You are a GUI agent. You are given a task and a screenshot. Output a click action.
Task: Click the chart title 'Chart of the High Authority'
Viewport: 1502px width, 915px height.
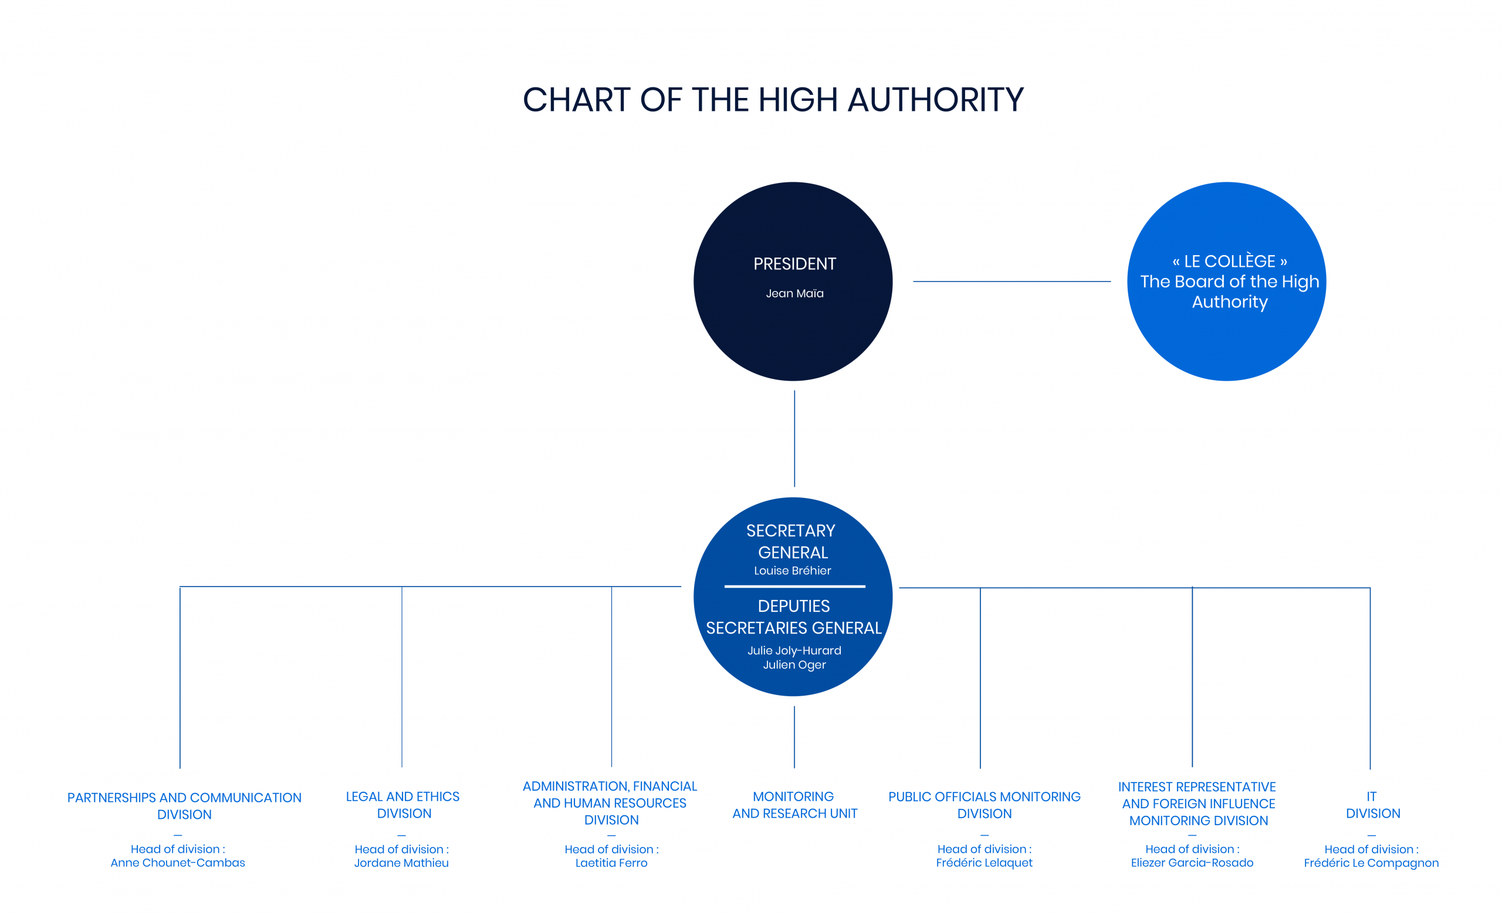coord(773,100)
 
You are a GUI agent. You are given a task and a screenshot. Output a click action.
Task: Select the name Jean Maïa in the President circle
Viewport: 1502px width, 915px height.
coord(794,294)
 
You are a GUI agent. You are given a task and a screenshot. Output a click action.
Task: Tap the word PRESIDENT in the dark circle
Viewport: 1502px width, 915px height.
coord(794,264)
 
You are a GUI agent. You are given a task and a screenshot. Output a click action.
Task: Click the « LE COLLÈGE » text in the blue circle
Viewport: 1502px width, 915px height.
coord(1230,262)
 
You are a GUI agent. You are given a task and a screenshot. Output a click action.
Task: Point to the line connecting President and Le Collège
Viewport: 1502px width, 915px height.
coord(1012,282)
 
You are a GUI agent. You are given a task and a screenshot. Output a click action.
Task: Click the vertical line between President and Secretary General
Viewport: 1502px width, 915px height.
coord(794,439)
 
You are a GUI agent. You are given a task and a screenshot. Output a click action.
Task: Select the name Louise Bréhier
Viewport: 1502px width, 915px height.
coord(793,571)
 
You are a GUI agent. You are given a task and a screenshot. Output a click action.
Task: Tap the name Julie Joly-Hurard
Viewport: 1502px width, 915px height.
coord(794,650)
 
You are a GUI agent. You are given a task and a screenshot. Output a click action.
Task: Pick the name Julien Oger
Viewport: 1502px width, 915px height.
coord(794,665)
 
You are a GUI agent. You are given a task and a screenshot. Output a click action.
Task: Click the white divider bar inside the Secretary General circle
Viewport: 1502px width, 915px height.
coord(795,587)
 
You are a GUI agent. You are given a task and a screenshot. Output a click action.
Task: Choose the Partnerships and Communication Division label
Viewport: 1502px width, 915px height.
coord(184,806)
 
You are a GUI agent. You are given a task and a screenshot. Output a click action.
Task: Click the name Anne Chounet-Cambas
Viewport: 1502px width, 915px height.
coord(177,863)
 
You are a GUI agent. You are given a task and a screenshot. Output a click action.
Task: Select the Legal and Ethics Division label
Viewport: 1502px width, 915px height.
coord(403,805)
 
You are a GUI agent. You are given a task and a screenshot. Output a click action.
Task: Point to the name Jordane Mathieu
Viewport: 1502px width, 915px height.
coord(401,863)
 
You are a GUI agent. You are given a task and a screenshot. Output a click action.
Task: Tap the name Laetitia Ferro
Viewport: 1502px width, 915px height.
coord(611,863)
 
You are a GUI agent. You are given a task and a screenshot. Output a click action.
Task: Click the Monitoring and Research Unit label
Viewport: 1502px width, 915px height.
coord(794,805)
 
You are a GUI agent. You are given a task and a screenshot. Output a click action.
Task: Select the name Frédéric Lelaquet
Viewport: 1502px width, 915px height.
coord(984,863)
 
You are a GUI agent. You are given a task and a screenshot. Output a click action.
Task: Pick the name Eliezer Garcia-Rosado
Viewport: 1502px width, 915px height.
coord(1192,863)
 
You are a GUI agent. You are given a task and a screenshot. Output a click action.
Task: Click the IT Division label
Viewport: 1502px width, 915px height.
coord(1372,805)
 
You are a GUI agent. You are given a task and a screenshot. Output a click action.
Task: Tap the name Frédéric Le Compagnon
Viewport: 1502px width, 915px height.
coord(1371,863)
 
